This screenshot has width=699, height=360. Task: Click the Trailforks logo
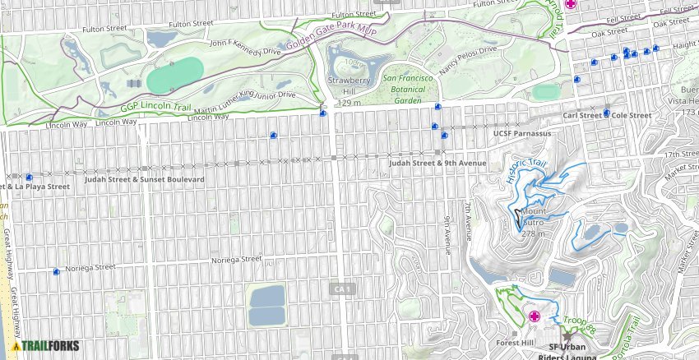tap(45, 346)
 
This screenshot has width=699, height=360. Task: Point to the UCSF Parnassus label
tap(521, 132)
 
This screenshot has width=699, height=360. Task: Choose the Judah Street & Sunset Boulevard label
tap(144, 178)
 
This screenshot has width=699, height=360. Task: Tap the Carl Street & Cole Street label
tap(607, 116)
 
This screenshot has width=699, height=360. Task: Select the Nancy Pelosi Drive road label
tap(469, 62)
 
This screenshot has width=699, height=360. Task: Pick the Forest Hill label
tap(516, 343)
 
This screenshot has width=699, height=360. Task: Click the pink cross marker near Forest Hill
tap(534, 316)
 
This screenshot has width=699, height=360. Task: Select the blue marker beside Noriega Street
tap(56, 271)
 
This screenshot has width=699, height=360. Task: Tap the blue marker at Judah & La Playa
tap(29, 177)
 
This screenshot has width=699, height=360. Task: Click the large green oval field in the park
tap(176, 76)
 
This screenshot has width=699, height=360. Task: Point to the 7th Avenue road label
tap(466, 215)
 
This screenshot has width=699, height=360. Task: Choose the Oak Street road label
tap(609, 33)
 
